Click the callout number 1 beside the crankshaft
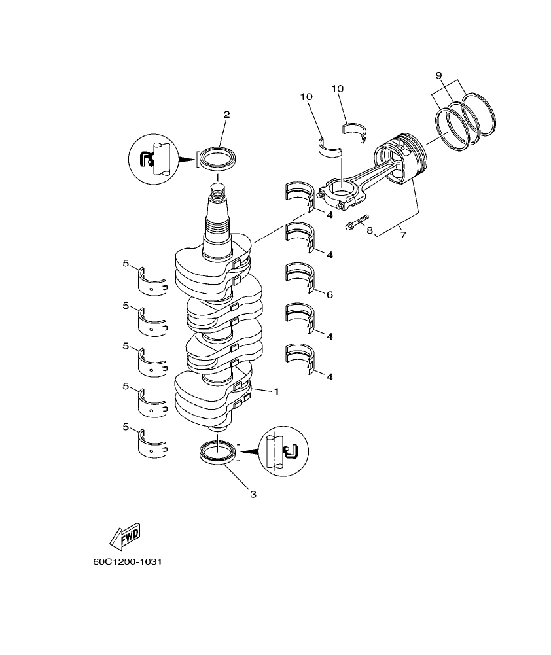click(276, 391)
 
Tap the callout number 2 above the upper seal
click(226, 115)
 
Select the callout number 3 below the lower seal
click(253, 494)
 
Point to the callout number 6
click(329, 295)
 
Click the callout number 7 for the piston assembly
click(402, 234)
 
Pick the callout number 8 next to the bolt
click(369, 230)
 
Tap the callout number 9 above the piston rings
click(440, 75)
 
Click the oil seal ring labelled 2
click(219, 158)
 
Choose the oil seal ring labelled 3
click(218, 453)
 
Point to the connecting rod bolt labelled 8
click(357, 222)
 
